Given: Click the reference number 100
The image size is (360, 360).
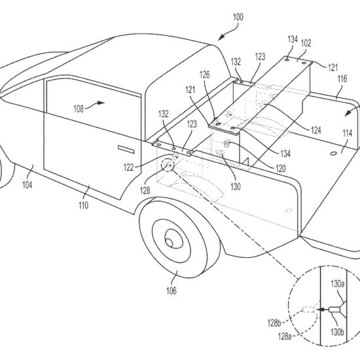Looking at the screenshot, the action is (x=238, y=17).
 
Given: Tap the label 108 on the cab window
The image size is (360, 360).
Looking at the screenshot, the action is (x=79, y=109).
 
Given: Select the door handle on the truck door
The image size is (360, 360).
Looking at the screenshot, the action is (x=126, y=149).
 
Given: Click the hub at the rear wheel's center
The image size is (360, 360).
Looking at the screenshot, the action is (x=170, y=242).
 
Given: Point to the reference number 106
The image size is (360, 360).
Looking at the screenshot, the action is (x=171, y=291).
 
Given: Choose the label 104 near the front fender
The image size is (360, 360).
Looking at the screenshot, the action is (x=27, y=185).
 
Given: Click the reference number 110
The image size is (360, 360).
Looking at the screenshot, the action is (x=84, y=205).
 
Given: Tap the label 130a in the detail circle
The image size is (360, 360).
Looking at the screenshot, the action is (x=338, y=284).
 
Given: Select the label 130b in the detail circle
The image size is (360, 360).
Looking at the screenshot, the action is (x=337, y=332).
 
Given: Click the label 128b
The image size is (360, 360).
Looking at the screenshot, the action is (x=274, y=323).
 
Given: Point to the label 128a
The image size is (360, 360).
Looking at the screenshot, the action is (x=285, y=336).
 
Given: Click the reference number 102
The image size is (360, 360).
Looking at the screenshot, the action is (x=306, y=43).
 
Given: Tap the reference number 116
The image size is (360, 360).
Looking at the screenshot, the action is (x=342, y=79).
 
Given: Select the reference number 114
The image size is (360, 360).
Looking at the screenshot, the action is (x=348, y=133).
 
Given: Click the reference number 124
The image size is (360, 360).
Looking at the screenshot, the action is (x=316, y=130).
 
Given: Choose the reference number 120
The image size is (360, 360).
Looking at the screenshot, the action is (x=281, y=169).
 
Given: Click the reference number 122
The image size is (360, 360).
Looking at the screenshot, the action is (x=128, y=168).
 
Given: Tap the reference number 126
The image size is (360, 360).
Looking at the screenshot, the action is (x=205, y=75).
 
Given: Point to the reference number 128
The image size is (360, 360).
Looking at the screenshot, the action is (x=145, y=190).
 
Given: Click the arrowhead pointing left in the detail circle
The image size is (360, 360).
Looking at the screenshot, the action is (x=319, y=310).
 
